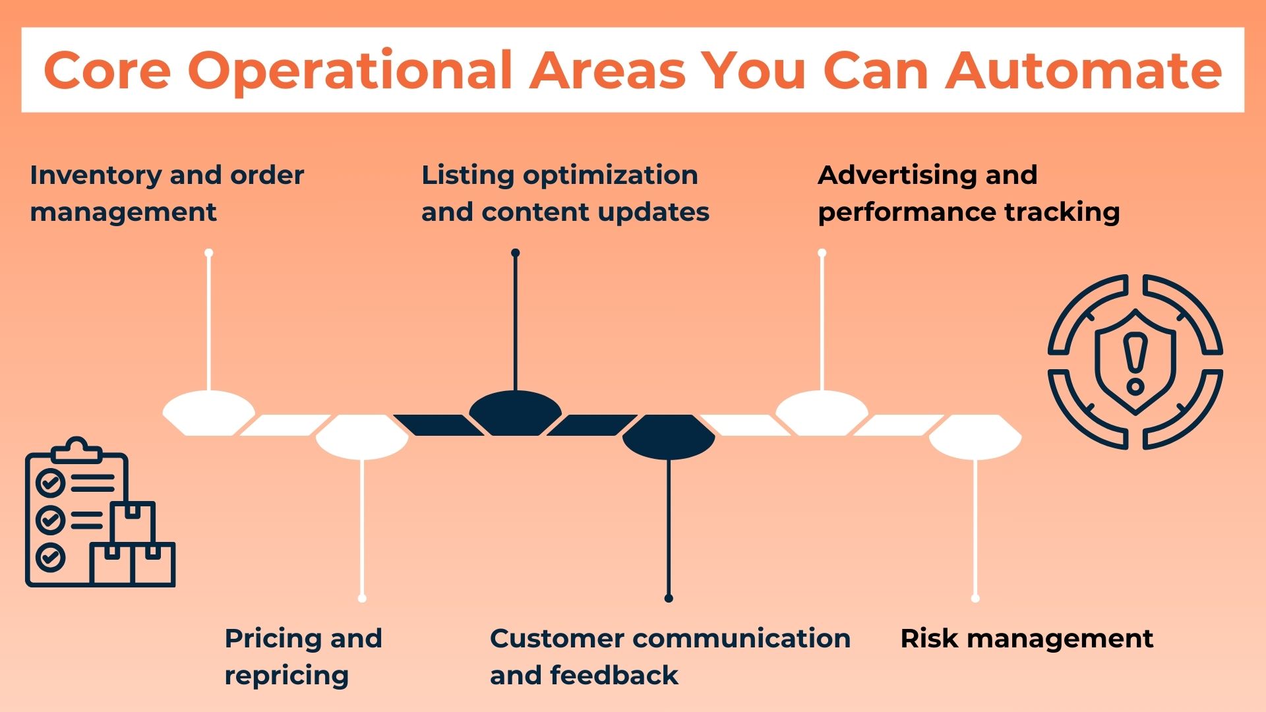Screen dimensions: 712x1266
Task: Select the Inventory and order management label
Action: (x=166, y=193)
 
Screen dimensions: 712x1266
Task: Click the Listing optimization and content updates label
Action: (x=564, y=193)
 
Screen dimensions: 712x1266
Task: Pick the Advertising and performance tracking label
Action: (x=968, y=193)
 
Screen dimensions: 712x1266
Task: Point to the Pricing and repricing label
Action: (x=303, y=656)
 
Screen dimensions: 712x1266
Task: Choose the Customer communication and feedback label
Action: (x=669, y=656)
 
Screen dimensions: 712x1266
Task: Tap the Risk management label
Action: (x=1026, y=638)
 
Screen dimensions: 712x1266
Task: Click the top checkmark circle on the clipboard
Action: (x=50, y=483)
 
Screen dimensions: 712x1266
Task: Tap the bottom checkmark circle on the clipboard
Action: (x=50, y=557)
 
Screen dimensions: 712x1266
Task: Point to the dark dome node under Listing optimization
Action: (x=515, y=413)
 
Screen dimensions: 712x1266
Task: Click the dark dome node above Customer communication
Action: (x=669, y=437)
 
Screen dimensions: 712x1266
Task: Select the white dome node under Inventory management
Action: (x=208, y=413)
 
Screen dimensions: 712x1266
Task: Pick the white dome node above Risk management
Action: (x=975, y=437)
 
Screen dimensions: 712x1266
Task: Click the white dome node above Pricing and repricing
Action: (x=362, y=437)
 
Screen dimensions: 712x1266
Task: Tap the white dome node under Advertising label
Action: (x=822, y=413)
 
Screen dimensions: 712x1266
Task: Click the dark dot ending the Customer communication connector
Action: (x=669, y=598)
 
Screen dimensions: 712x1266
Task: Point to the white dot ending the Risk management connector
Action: (x=975, y=598)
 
